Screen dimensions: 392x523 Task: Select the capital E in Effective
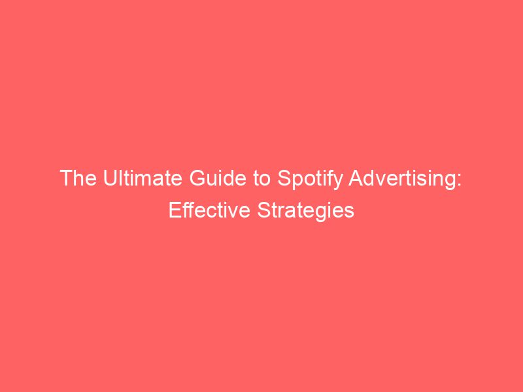tap(174, 211)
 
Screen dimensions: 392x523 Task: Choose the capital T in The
tap(67, 178)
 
